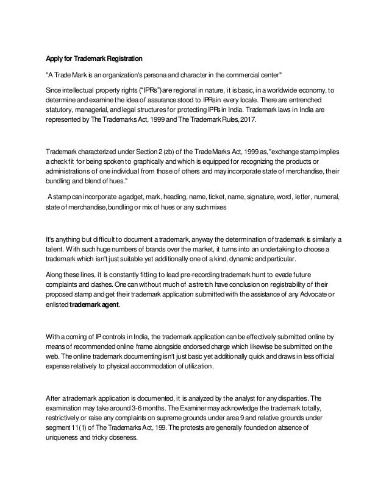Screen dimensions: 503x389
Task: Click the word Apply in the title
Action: (x=55, y=59)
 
